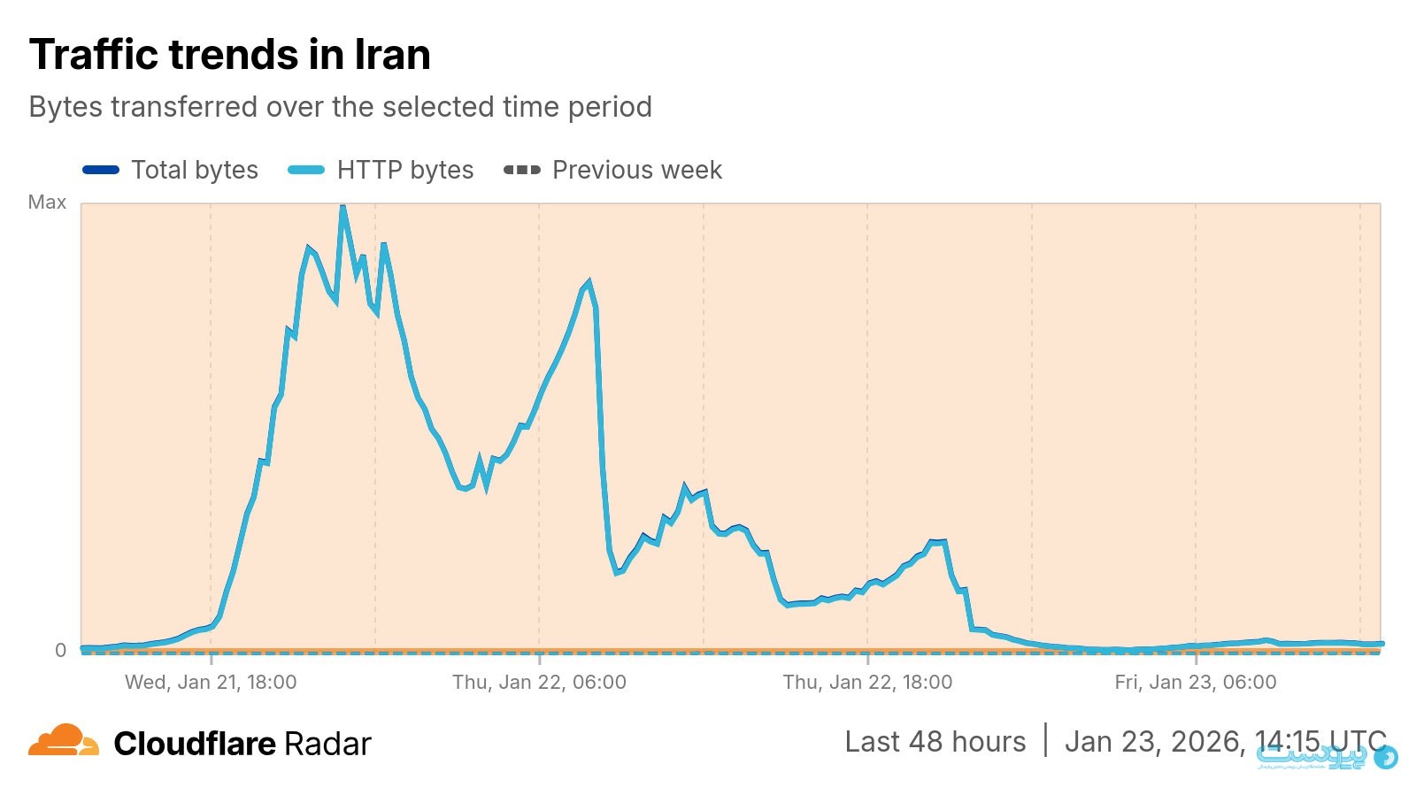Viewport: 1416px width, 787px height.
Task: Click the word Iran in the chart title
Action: tap(392, 54)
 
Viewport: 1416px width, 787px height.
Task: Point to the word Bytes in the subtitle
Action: tap(65, 107)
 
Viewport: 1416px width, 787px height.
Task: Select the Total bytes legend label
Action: tap(195, 170)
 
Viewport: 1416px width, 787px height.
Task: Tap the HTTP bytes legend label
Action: tap(405, 170)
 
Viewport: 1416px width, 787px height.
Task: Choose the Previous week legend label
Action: tap(637, 170)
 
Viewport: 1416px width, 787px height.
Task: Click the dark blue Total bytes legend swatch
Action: tap(101, 170)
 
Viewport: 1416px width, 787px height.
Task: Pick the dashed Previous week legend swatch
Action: tap(521, 170)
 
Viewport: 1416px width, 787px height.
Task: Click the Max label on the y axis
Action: tap(47, 202)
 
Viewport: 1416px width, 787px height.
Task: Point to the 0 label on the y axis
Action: tap(60, 650)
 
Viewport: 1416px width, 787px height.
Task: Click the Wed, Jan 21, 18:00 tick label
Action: tap(211, 682)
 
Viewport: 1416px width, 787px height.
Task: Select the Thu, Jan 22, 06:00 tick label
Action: tap(539, 682)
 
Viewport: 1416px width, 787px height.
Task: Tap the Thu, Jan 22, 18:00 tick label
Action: tap(867, 682)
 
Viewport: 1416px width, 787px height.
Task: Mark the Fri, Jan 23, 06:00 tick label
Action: tap(1196, 682)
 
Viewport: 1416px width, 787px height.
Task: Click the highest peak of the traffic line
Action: tap(342, 207)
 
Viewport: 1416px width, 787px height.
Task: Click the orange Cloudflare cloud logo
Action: tap(63, 741)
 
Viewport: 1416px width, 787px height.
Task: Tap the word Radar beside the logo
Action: tap(327, 744)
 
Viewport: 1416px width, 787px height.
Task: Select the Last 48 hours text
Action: tap(935, 741)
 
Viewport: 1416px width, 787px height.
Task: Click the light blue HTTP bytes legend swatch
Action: tap(306, 170)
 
